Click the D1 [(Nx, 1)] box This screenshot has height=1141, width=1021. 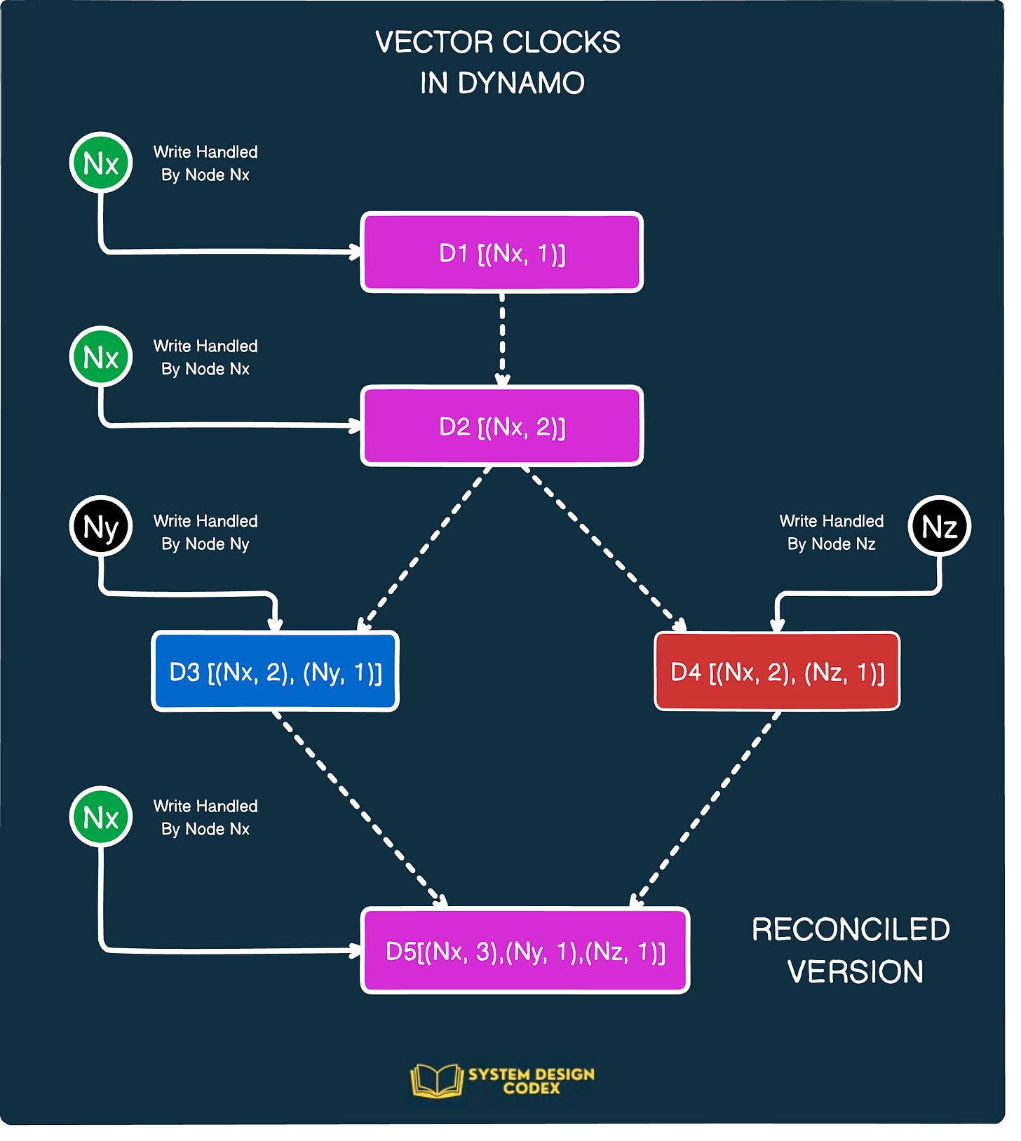point(501,252)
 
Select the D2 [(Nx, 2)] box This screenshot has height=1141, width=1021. point(501,426)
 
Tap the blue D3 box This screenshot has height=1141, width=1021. point(275,672)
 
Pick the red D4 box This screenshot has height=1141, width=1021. point(777,672)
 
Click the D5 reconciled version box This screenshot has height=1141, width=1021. point(525,951)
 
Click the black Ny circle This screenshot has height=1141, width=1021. point(101,526)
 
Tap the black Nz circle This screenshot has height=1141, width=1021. point(939,526)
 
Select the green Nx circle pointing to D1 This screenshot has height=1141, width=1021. point(101,163)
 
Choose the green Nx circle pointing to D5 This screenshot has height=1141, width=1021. point(101,816)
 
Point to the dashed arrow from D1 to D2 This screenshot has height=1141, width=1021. point(502,338)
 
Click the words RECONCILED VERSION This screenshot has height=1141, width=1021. point(851,950)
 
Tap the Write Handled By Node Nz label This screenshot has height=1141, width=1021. point(832,532)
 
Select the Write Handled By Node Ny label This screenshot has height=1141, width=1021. point(205,532)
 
